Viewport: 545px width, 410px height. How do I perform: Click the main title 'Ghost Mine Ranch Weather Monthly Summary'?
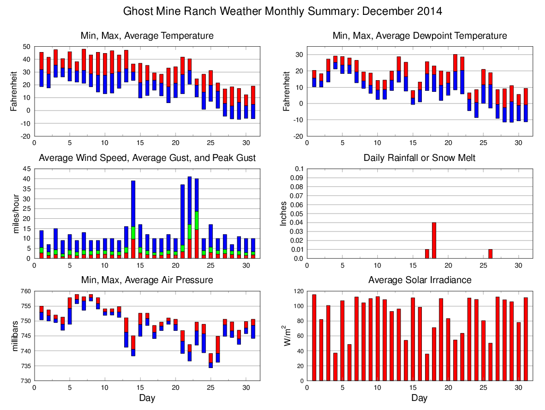click(282, 11)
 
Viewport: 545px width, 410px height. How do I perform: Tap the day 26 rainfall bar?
click(490, 254)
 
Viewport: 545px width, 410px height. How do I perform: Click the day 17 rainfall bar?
click(427, 254)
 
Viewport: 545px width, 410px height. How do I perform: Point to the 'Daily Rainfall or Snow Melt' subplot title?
click(419, 158)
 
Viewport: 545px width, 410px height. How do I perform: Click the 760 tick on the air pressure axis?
click(25, 291)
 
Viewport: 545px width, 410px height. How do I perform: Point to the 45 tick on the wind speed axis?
click(27, 169)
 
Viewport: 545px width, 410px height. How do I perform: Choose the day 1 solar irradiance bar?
click(314, 337)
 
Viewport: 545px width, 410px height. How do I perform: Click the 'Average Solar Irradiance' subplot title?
click(419, 280)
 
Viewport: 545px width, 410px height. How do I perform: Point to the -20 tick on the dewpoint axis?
click(298, 136)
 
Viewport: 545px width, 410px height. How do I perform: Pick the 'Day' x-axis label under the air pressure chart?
click(147, 397)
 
